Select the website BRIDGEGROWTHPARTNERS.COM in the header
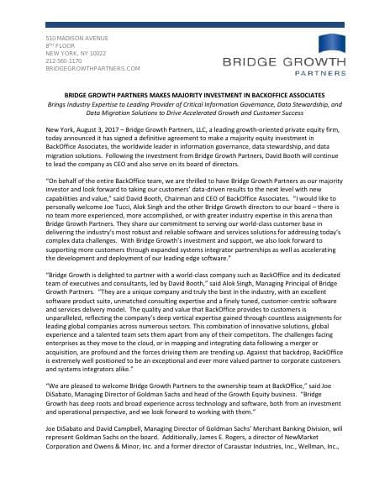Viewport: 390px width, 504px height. click(x=92, y=68)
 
